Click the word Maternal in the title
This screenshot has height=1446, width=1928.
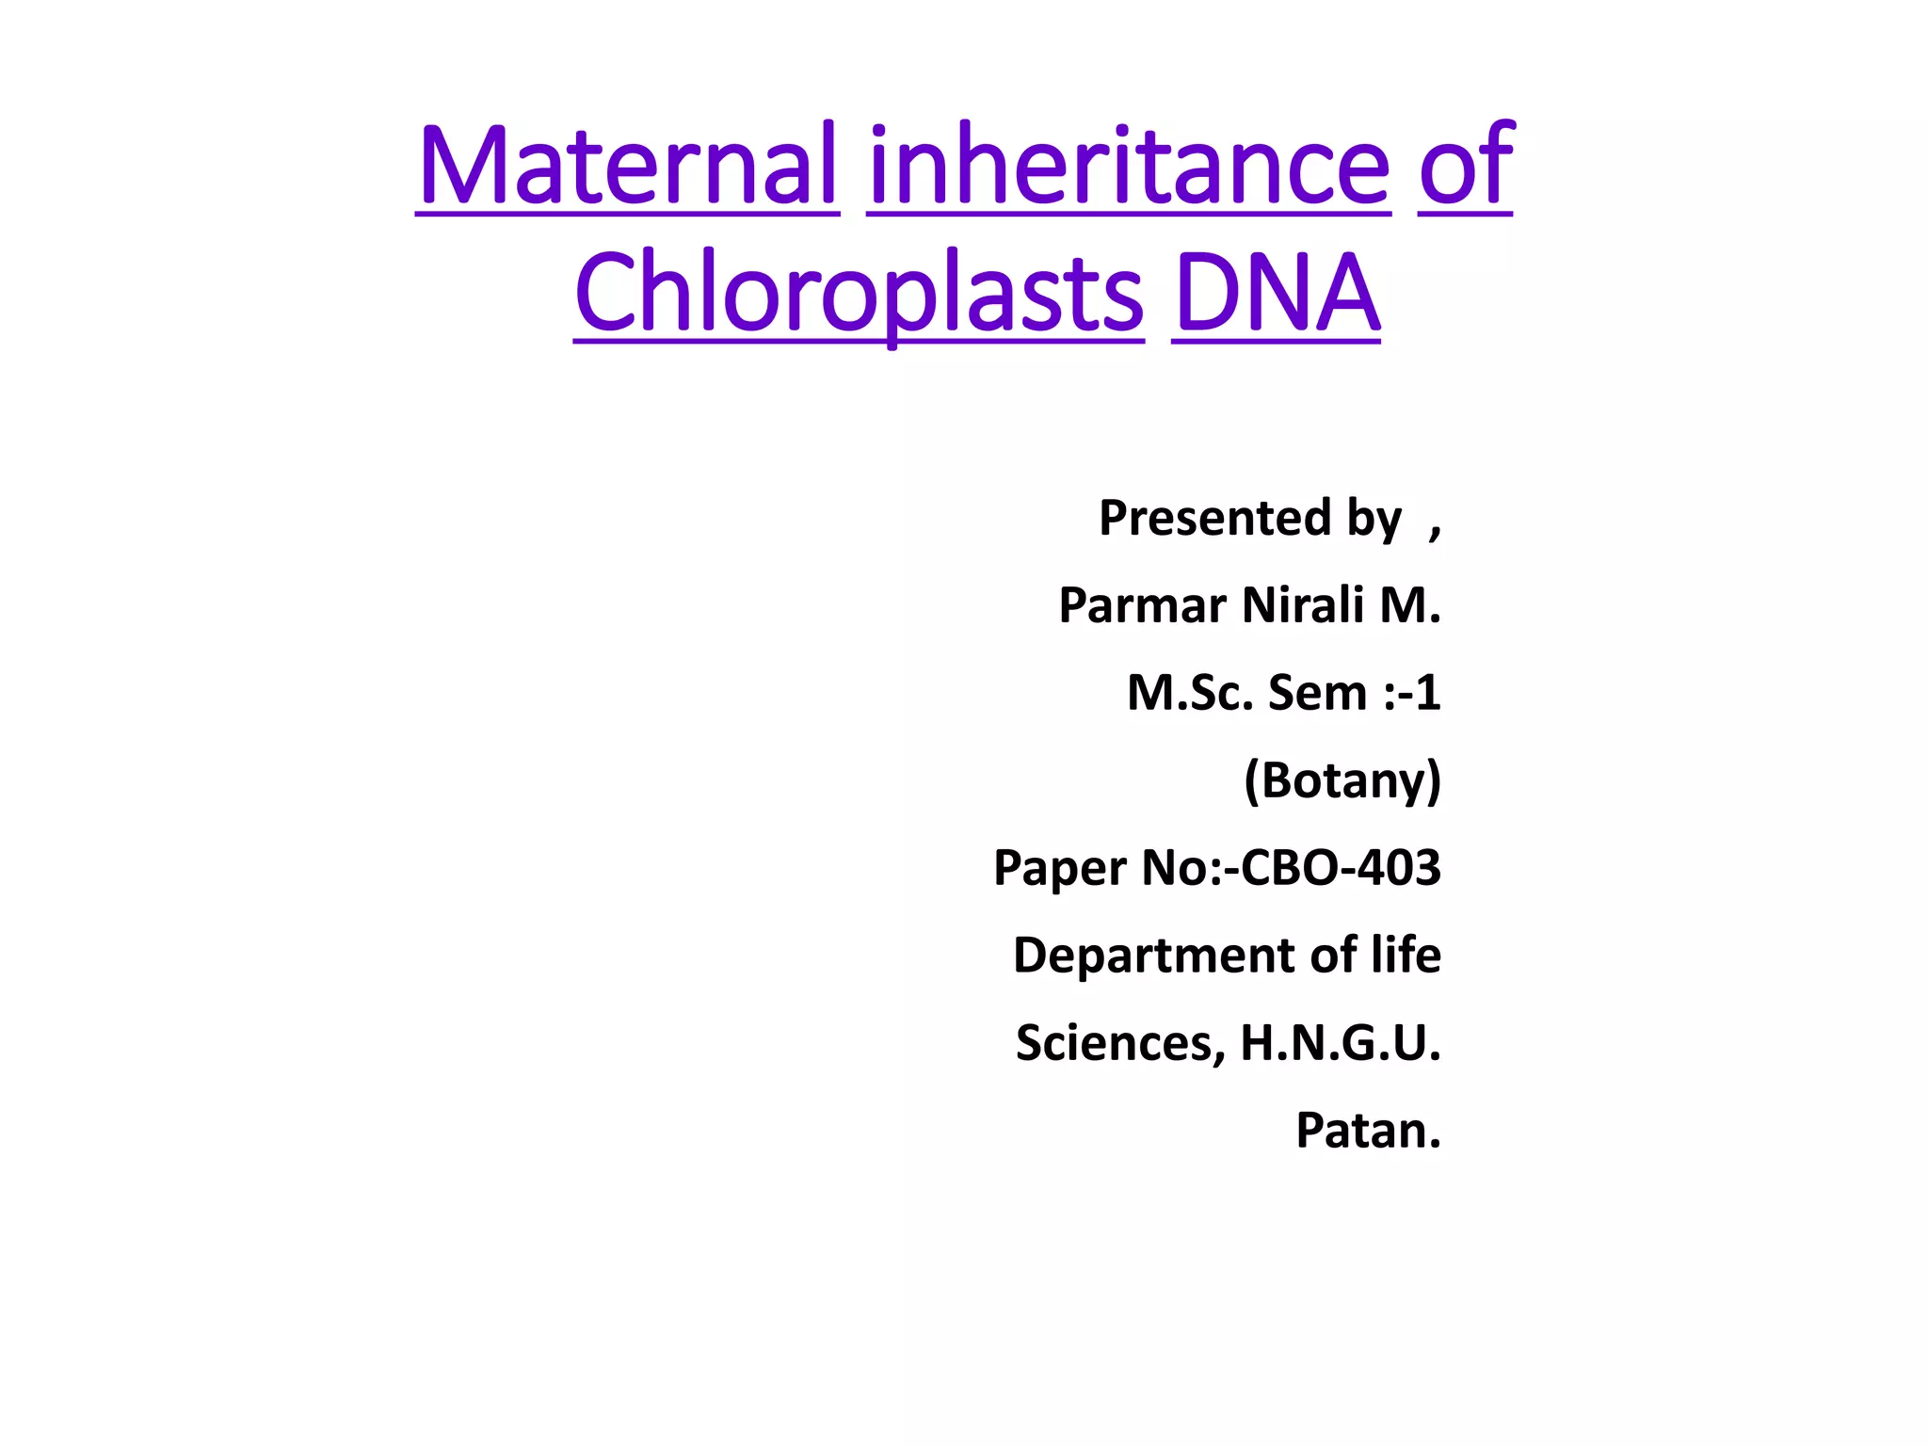pyautogui.click(x=627, y=166)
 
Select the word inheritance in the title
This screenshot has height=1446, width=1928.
pyautogui.click(x=1129, y=166)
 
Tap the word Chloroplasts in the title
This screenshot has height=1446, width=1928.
pyautogui.click(x=859, y=294)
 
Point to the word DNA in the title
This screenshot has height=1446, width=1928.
pyautogui.click(x=1277, y=294)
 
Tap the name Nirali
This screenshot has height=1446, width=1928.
pyautogui.click(x=1303, y=605)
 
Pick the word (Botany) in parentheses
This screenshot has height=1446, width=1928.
pyautogui.click(x=1342, y=780)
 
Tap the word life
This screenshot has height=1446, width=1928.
pyautogui.click(x=1406, y=956)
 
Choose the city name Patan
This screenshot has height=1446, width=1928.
pyautogui.click(x=1368, y=1131)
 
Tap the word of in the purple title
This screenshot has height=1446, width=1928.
pyautogui.click(x=1466, y=166)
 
